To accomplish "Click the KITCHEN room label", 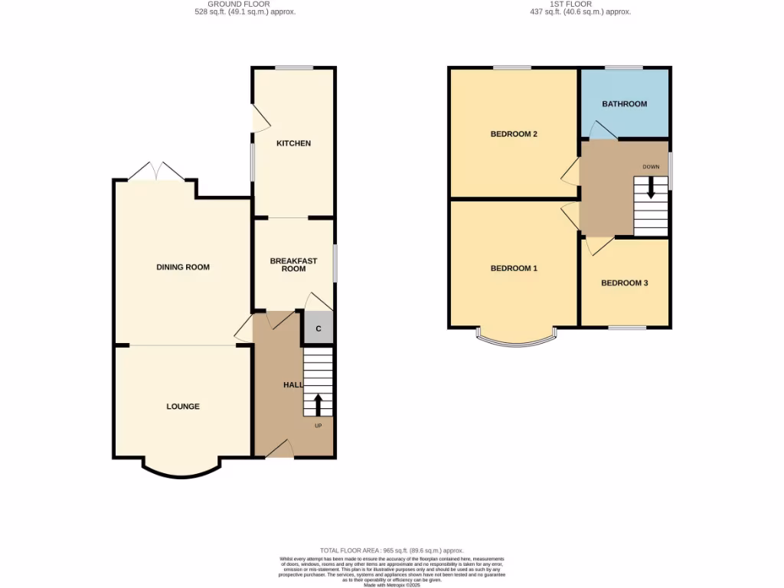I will [293, 144].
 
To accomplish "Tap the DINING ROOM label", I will [183, 267].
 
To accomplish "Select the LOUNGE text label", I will [183, 407].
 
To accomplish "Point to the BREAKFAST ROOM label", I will [293, 265].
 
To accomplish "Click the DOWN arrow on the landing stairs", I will [651, 188].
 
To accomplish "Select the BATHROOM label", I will [624, 104].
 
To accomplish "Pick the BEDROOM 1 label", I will [514, 269].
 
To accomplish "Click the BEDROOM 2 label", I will [514, 135].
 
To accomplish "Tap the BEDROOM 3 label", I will [624, 283].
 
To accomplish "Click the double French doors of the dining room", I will [156, 171].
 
